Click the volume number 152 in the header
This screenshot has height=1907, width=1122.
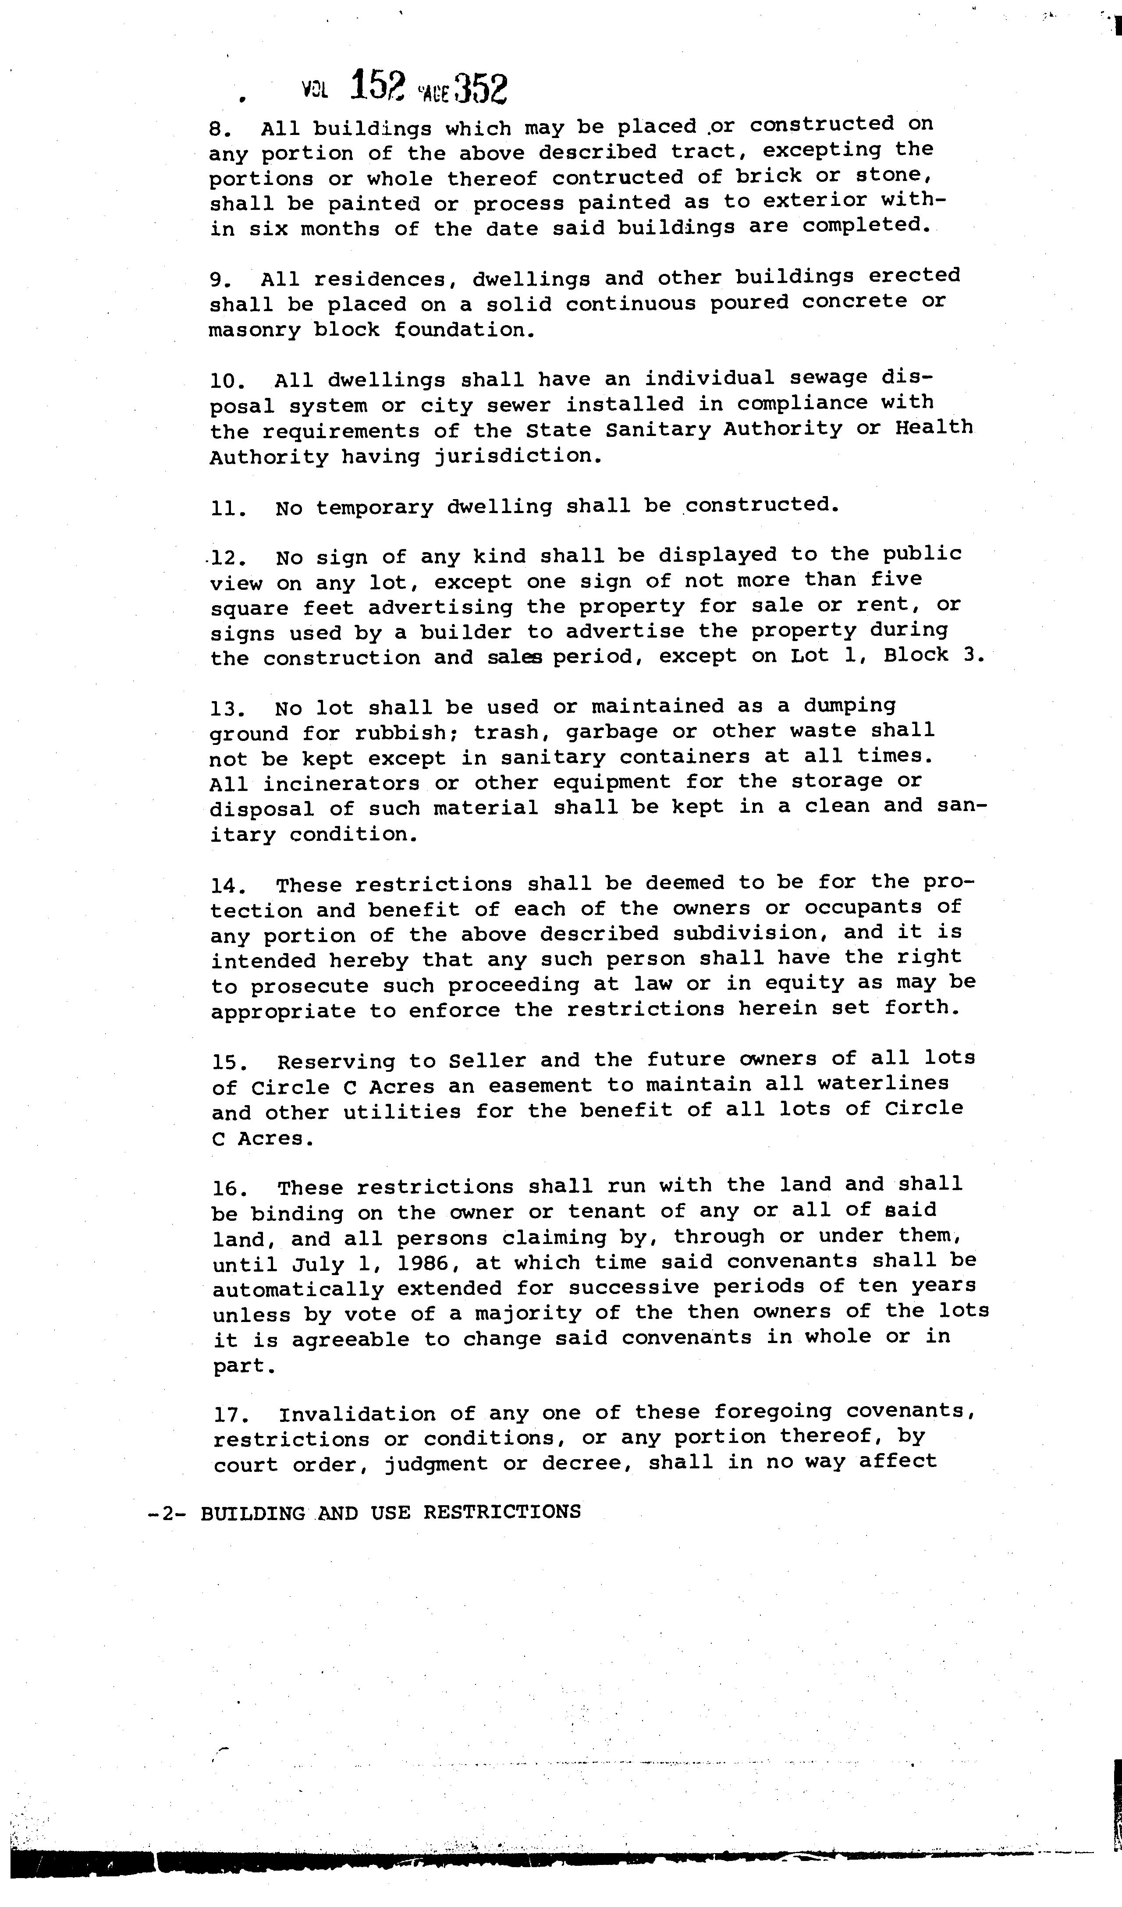point(379,88)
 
